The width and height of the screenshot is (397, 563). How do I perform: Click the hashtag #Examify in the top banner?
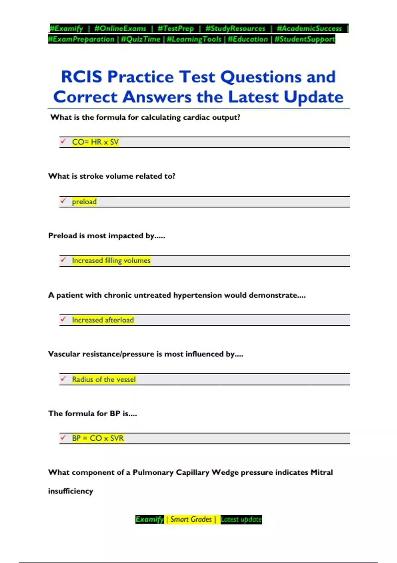(x=66, y=28)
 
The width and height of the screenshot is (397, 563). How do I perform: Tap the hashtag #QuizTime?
(x=141, y=39)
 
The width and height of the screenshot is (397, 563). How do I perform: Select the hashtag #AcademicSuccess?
(x=309, y=28)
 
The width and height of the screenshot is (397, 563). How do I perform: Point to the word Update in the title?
(x=313, y=97)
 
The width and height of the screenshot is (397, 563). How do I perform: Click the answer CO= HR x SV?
(x=95, y=142)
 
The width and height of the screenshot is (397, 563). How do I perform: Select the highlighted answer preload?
(x=84, y=202)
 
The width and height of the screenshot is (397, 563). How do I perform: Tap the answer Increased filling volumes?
(x=111, y=261)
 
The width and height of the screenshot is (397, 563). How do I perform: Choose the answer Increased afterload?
(x=103, y=320)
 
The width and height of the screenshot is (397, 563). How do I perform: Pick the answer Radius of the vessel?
(x=104, y=379)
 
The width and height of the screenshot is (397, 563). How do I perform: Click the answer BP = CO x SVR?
(x=98, y=438)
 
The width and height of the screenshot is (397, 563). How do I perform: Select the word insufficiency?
(x=70, y=491)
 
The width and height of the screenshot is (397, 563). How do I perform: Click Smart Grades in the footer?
(x=191, y=519)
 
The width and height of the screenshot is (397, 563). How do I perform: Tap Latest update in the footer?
(x=241, y=519)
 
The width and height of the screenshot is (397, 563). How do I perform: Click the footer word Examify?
(x=150, y=519)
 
